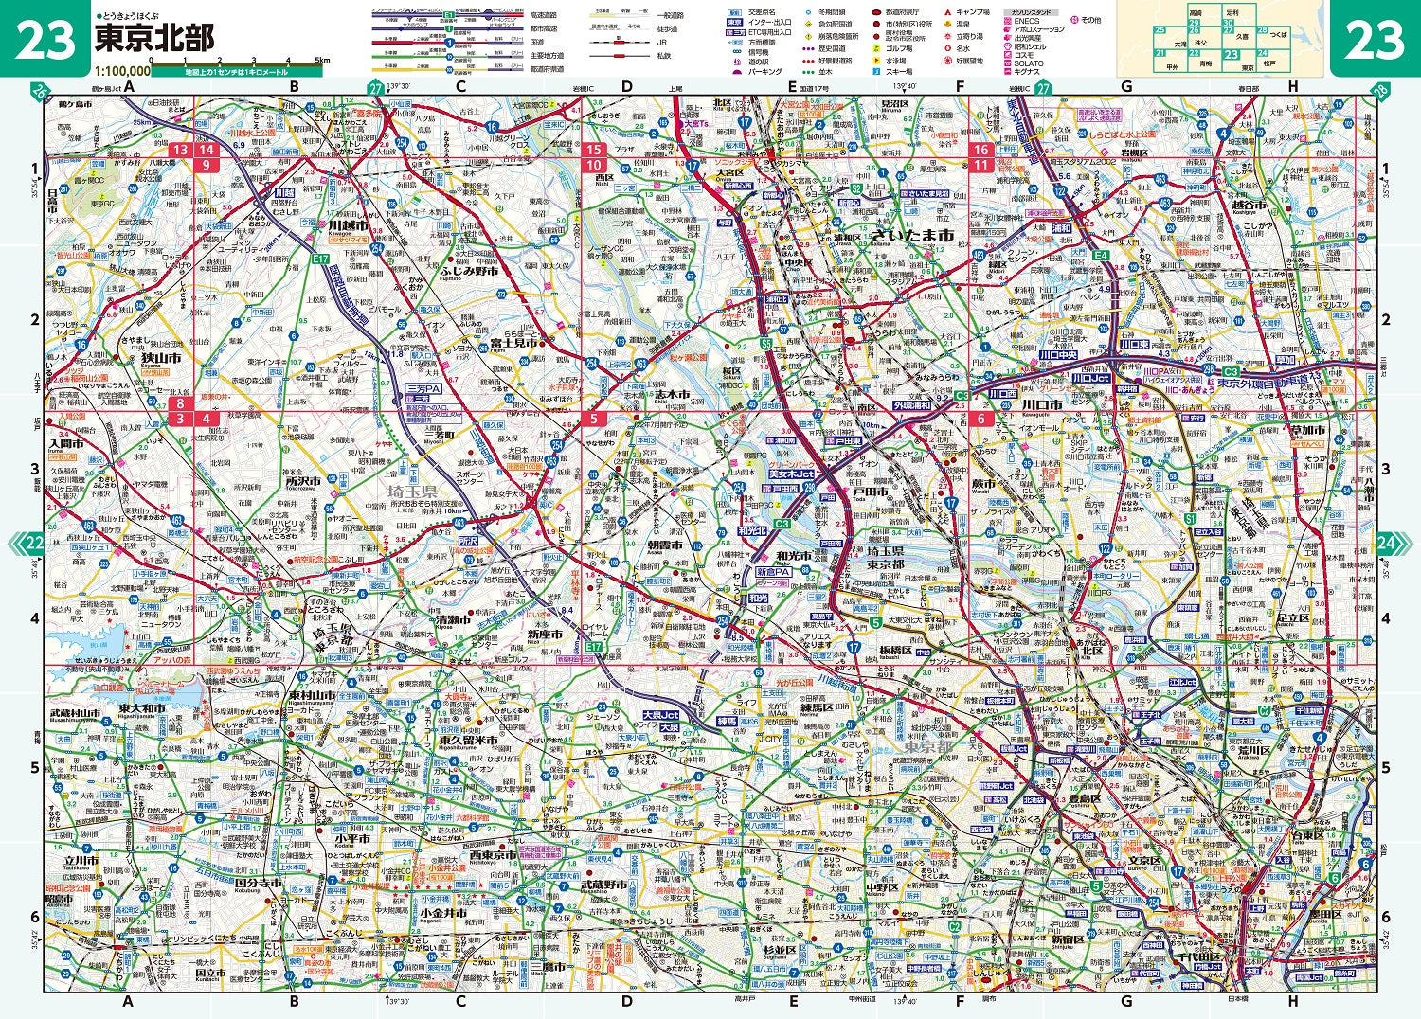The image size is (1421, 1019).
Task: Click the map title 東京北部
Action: [x=154, y=38]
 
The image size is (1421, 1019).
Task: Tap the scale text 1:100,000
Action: [x=122, y=71]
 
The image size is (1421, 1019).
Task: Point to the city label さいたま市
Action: [x=913, y=234]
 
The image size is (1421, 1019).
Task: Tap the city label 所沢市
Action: [x=304, y=481]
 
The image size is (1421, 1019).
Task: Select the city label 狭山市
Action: [x=160, y=360]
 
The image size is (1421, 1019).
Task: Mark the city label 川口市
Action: [x=1043, y=405]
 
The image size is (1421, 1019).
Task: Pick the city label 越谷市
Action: [x=1250, y=205]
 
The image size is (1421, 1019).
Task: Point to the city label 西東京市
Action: [x=492, y=855]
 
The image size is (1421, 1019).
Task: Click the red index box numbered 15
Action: [x=594, y=150]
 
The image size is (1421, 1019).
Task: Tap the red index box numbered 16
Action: [x=981, y=150]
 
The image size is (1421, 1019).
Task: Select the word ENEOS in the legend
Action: [x=1026, y=21]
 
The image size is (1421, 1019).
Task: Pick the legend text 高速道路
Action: [x=544, y=16]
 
